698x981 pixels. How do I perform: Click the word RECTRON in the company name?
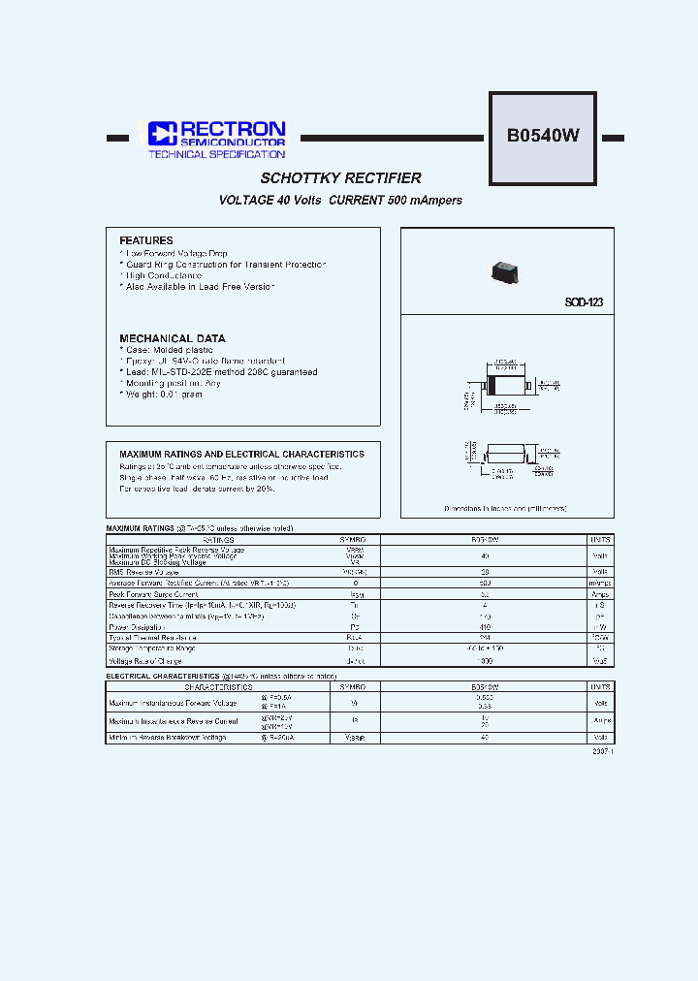(229, 129)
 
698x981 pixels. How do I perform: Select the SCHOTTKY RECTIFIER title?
(340, 178)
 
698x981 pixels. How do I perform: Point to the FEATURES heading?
(146, 240)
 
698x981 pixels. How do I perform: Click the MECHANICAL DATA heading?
(172, 338)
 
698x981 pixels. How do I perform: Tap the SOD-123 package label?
(584, 302)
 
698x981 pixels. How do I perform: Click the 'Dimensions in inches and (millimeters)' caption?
(505, 508)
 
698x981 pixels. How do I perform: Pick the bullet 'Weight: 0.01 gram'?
(162, 395)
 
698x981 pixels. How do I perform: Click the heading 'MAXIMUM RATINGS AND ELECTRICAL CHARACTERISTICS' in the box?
(241, 454)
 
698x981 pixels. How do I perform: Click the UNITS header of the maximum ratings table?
(600, 539)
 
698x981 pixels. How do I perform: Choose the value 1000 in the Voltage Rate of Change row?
(485, 660)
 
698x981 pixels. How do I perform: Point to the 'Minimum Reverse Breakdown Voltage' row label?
(168, 738)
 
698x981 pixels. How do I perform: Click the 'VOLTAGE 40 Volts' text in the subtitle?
(269, 201)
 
